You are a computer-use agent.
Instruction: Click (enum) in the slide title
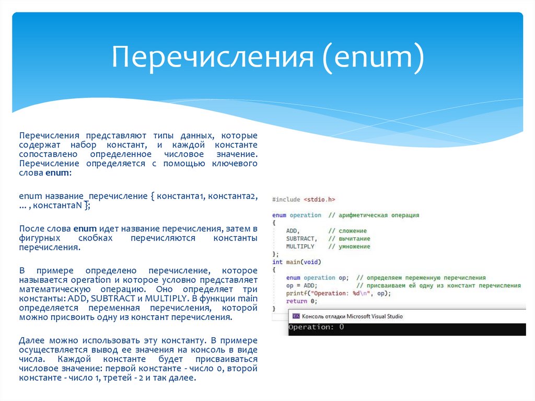tap(373, 58)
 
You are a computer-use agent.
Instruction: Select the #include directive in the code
tap(286, 199)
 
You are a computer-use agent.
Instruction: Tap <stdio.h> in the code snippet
tap(319, 199)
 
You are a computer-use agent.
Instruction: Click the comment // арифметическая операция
tap(374, 215)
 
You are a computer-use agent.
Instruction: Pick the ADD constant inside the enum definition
tap(293, 231)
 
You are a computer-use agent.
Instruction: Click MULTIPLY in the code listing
tap(300, 246)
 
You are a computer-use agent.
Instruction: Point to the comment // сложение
tap(347, 231)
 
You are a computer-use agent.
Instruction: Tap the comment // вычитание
tap(349, 238)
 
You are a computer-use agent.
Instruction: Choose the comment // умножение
tap(349, 246)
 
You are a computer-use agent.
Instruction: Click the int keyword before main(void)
tap(277, 262)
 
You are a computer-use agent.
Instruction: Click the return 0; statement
tap(301, 301)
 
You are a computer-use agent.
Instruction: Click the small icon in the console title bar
tap(296, 316)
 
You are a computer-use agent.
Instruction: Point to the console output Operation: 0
tap(316, 327)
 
